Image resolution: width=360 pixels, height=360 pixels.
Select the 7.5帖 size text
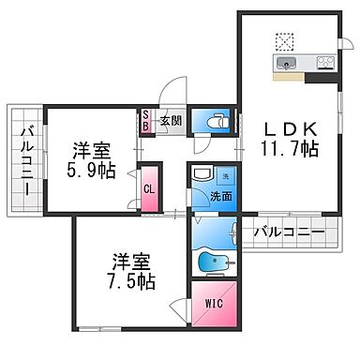(x=128, y=280)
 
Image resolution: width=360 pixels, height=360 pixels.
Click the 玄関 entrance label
(x=170, y=120)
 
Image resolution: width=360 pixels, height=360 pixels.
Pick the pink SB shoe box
(x=147, y=121)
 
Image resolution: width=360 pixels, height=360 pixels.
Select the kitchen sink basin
(x=286, y=63)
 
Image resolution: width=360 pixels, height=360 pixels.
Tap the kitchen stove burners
(x=324, y=63)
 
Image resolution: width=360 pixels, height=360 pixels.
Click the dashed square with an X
(x=286, y=41)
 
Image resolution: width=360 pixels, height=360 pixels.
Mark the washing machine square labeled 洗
(x=224, y=175)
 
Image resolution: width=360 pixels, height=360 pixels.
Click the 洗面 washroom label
(x=220, y=196)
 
